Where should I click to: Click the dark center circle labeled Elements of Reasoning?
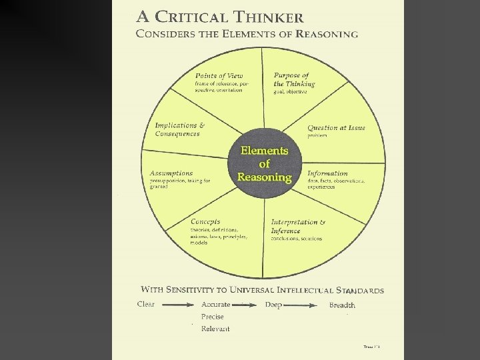[265, 164]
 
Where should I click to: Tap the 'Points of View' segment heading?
[219, 75]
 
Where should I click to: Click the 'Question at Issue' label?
[336, 128]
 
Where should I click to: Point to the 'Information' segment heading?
[327, 173]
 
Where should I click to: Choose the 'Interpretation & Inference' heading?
[297, 226]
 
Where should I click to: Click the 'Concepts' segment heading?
[205, 221]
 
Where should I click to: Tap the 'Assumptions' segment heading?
[172, 173]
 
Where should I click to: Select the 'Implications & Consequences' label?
[179, 129]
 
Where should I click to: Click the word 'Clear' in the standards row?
[146, 305]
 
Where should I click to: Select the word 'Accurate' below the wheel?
[216, 305]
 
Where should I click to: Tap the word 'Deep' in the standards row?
[273, 305]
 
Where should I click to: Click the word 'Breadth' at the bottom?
[342, 305]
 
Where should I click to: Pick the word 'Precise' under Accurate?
[213, 317]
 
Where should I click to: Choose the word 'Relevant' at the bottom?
[215, 329]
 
